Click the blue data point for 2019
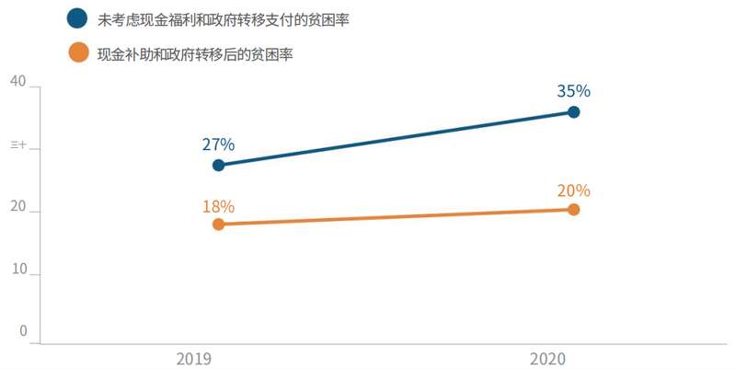coord(218,165)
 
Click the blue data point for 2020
coord(573,112)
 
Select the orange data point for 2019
coord(218,224)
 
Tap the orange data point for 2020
coord(573,209)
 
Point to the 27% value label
coord(218,144)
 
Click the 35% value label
coord(573,91)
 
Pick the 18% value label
coord(218,205)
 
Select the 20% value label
coord(573,190)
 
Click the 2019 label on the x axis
coord(194,356)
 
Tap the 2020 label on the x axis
coord(549,356)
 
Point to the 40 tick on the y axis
coord(17,81)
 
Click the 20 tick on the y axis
coord(17,211)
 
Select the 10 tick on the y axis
coord(17,272)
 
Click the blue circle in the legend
coord(78,18)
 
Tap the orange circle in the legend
coord(78,53)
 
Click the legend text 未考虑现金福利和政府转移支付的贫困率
coord(213,18)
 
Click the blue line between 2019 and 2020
coord(396,138)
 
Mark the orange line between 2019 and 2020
coord(396,216)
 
